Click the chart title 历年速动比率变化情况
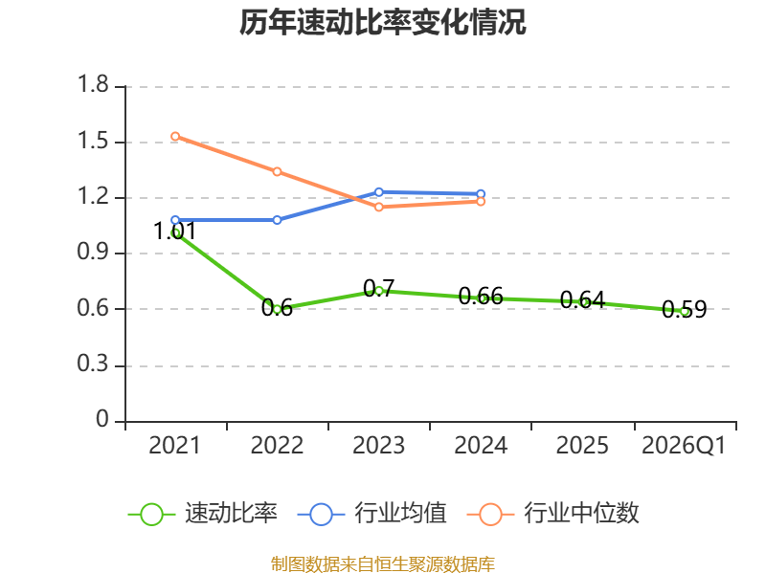[x=382, y=22]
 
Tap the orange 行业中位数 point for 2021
[x=175, y=136]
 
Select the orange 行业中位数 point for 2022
[x=277, y=171]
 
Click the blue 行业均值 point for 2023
[x=378, y=192]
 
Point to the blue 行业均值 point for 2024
[x=481, y=194]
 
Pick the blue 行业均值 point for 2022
[x=277, y=220]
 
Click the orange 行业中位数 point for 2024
[x=481, y=202]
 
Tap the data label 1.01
[x=175, y=231]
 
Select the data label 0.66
[x=481, y=296]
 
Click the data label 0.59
[x=684, y=309]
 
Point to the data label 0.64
[x=582, y=299]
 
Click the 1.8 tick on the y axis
[x=93, y=84]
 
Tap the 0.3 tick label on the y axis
[x=93, y=364]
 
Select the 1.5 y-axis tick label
[x=93, y=141]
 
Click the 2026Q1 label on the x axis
[x=684, y=446]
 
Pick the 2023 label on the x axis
[x=378, y=446]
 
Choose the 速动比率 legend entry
[x=203, y=514]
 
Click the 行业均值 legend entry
[x=372, y=514]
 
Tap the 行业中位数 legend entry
[x=553, y=514]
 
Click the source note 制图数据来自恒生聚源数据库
[x=382, y=564]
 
